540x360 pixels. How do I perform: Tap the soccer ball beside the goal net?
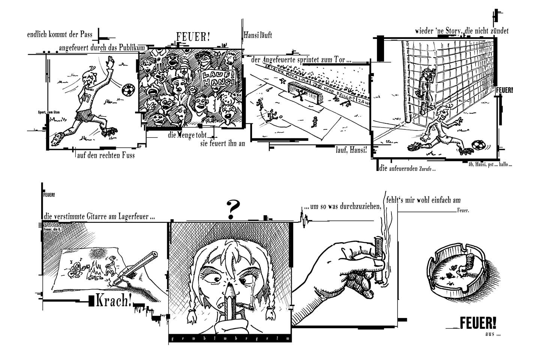coord(477,145)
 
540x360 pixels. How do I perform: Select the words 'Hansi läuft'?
coord(258,35)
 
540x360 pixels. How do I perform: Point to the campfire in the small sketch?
coord(96,270)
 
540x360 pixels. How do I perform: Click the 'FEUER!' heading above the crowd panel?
coord(193,37)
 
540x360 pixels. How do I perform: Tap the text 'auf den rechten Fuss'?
coord(106,154)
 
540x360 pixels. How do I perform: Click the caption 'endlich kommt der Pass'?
coord(60,35)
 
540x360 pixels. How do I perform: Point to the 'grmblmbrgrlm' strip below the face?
coord(230,339)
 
